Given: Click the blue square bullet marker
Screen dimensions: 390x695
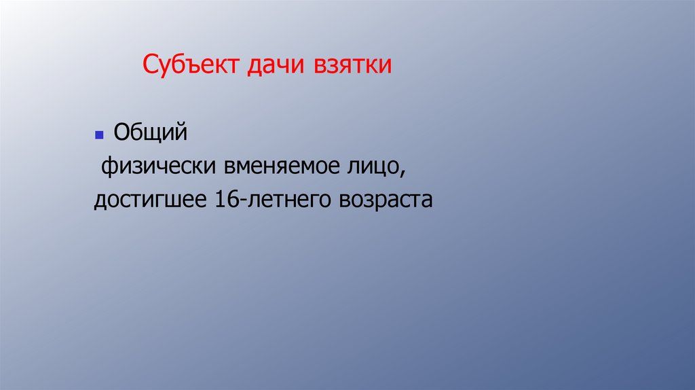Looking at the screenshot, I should pyautogui.click(x=98, y=135).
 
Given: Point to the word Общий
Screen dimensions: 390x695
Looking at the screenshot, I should pyautogui.click(x=149, y=132).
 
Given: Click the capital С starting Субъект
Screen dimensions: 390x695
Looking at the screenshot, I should pyautogui.click(x=150, y=65).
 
